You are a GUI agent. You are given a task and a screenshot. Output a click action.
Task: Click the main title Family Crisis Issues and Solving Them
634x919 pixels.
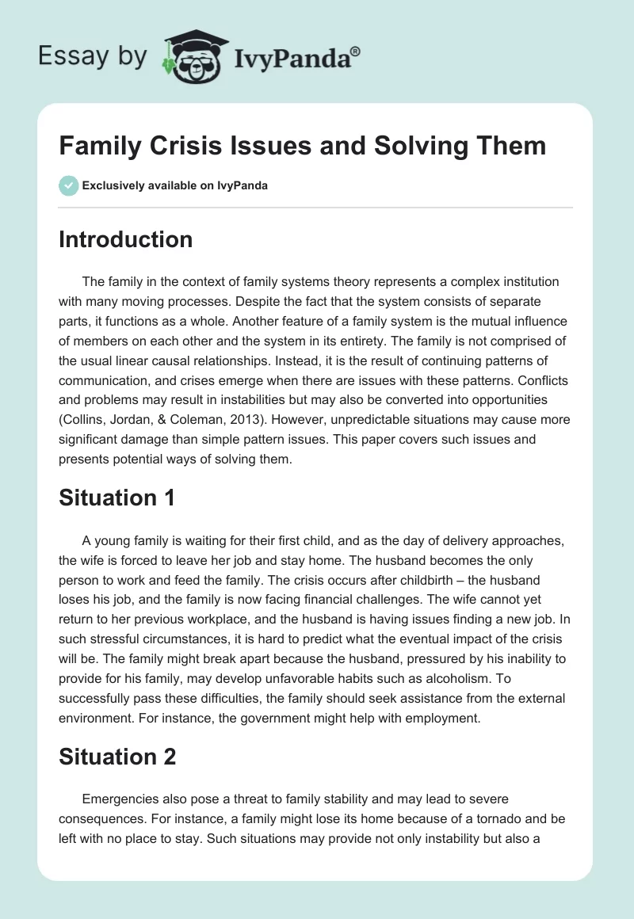click(x=302, y=146)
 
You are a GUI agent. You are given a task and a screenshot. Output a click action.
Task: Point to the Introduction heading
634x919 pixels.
click(x=125, y=239)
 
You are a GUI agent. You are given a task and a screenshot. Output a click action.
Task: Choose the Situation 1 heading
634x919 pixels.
click(x=116, y=498)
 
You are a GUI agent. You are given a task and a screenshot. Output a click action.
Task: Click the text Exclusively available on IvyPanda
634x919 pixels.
click(x=175, y=185)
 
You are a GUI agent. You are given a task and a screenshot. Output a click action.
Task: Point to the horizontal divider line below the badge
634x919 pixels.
click(x=315, y=208)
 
